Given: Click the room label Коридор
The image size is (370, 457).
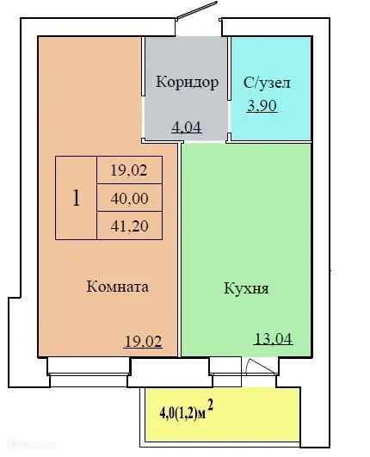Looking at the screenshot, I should tap(187, 83).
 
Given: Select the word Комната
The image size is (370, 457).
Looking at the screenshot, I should tap(118, 287).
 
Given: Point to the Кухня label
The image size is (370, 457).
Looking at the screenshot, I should tap(245, 288).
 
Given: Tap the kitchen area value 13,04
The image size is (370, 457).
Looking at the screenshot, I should tap(274, 337).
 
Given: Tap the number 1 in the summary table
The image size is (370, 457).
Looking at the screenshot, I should tap(77, 198).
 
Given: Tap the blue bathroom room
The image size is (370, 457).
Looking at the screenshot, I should tap(271, 120).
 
